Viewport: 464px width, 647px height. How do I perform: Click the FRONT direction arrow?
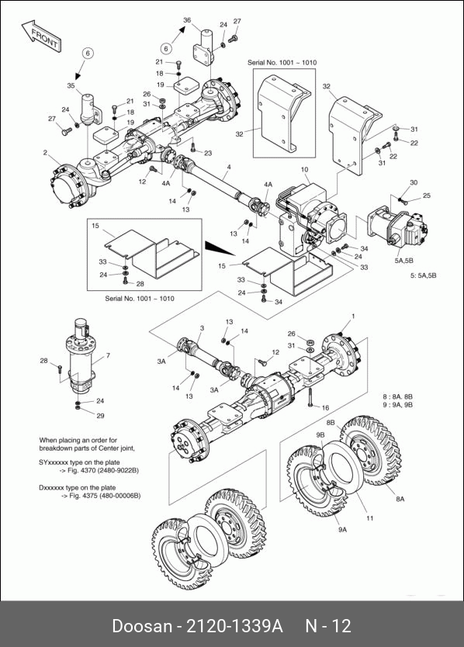(42, 36)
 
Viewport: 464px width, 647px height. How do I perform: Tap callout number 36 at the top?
(187, 20)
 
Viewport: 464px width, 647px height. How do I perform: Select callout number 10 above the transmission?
(305, 169)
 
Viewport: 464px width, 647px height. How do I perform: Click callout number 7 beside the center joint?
(108, 355)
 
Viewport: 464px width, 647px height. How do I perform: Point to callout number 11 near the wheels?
(370, 518)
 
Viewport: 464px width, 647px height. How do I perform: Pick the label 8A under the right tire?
(400, 499)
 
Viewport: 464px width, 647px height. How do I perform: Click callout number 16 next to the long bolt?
(325, 408)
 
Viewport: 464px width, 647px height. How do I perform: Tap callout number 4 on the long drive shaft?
(229, 167)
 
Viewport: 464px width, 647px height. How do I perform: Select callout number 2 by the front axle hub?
(45, 153)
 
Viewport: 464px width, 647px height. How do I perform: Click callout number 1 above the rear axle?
(353, 317)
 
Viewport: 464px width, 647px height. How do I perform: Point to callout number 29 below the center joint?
(100, 416)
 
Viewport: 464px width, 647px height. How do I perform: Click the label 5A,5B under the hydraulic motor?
(403, 261)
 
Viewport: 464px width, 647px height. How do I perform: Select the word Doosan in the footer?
(141, 626)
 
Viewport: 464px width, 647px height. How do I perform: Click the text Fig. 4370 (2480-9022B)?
(103, 470)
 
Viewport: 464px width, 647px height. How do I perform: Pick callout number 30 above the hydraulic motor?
(414, 182)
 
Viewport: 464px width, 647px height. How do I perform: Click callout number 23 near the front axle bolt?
(208, 153)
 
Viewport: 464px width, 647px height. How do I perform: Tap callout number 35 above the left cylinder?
(71, 86)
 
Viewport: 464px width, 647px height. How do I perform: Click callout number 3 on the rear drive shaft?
(202, 328)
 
